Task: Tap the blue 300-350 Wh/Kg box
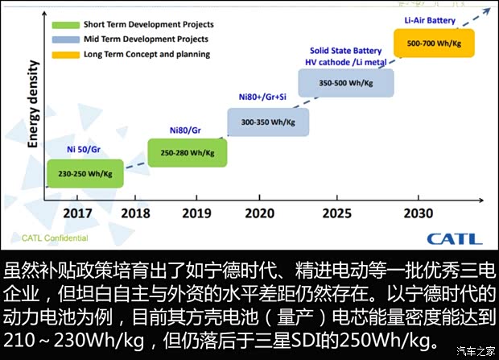(x=267, y=122)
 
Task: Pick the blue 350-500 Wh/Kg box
(x=346, y=83)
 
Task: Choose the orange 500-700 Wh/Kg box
(x=433, y=42)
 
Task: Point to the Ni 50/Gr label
(x=85, y=150)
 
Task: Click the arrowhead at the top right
(x=486, y=8)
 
